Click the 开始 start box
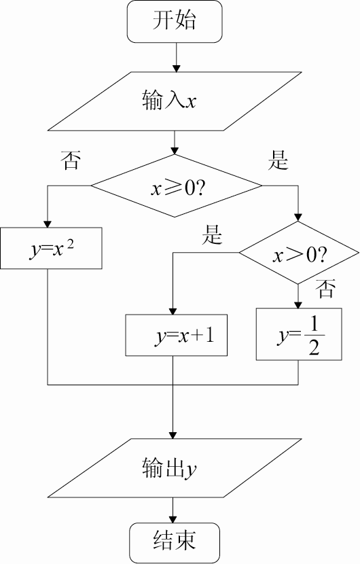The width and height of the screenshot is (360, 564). [x=175, y=22]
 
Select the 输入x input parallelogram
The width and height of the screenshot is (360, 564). [x=175, y=101]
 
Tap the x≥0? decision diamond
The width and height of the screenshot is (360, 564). [x=176, y=186]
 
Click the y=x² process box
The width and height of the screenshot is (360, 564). [x=51, y=248]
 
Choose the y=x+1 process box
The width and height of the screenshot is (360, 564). [x=176, y=335]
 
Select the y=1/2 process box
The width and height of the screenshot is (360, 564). [x=299, y=334]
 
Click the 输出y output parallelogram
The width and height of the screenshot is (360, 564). [x=175, y=468]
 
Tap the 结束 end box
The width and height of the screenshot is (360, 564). [x=175, y=543]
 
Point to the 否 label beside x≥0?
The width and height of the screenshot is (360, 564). [x=70, y=160]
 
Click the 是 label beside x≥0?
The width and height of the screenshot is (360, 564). [x=278, y=160]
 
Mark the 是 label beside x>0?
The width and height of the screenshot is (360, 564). [x=212, y=234]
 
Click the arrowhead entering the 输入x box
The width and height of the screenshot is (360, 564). [x=176, y=69]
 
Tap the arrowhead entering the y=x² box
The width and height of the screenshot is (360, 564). [x=48, y=224]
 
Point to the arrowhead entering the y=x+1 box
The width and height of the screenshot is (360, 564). [x=173, y=311]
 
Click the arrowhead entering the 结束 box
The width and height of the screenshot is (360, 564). [x=173, y=519]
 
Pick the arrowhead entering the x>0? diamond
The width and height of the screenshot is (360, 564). [x=298, y=217]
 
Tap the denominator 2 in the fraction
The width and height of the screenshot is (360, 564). [x=314, y=347]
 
